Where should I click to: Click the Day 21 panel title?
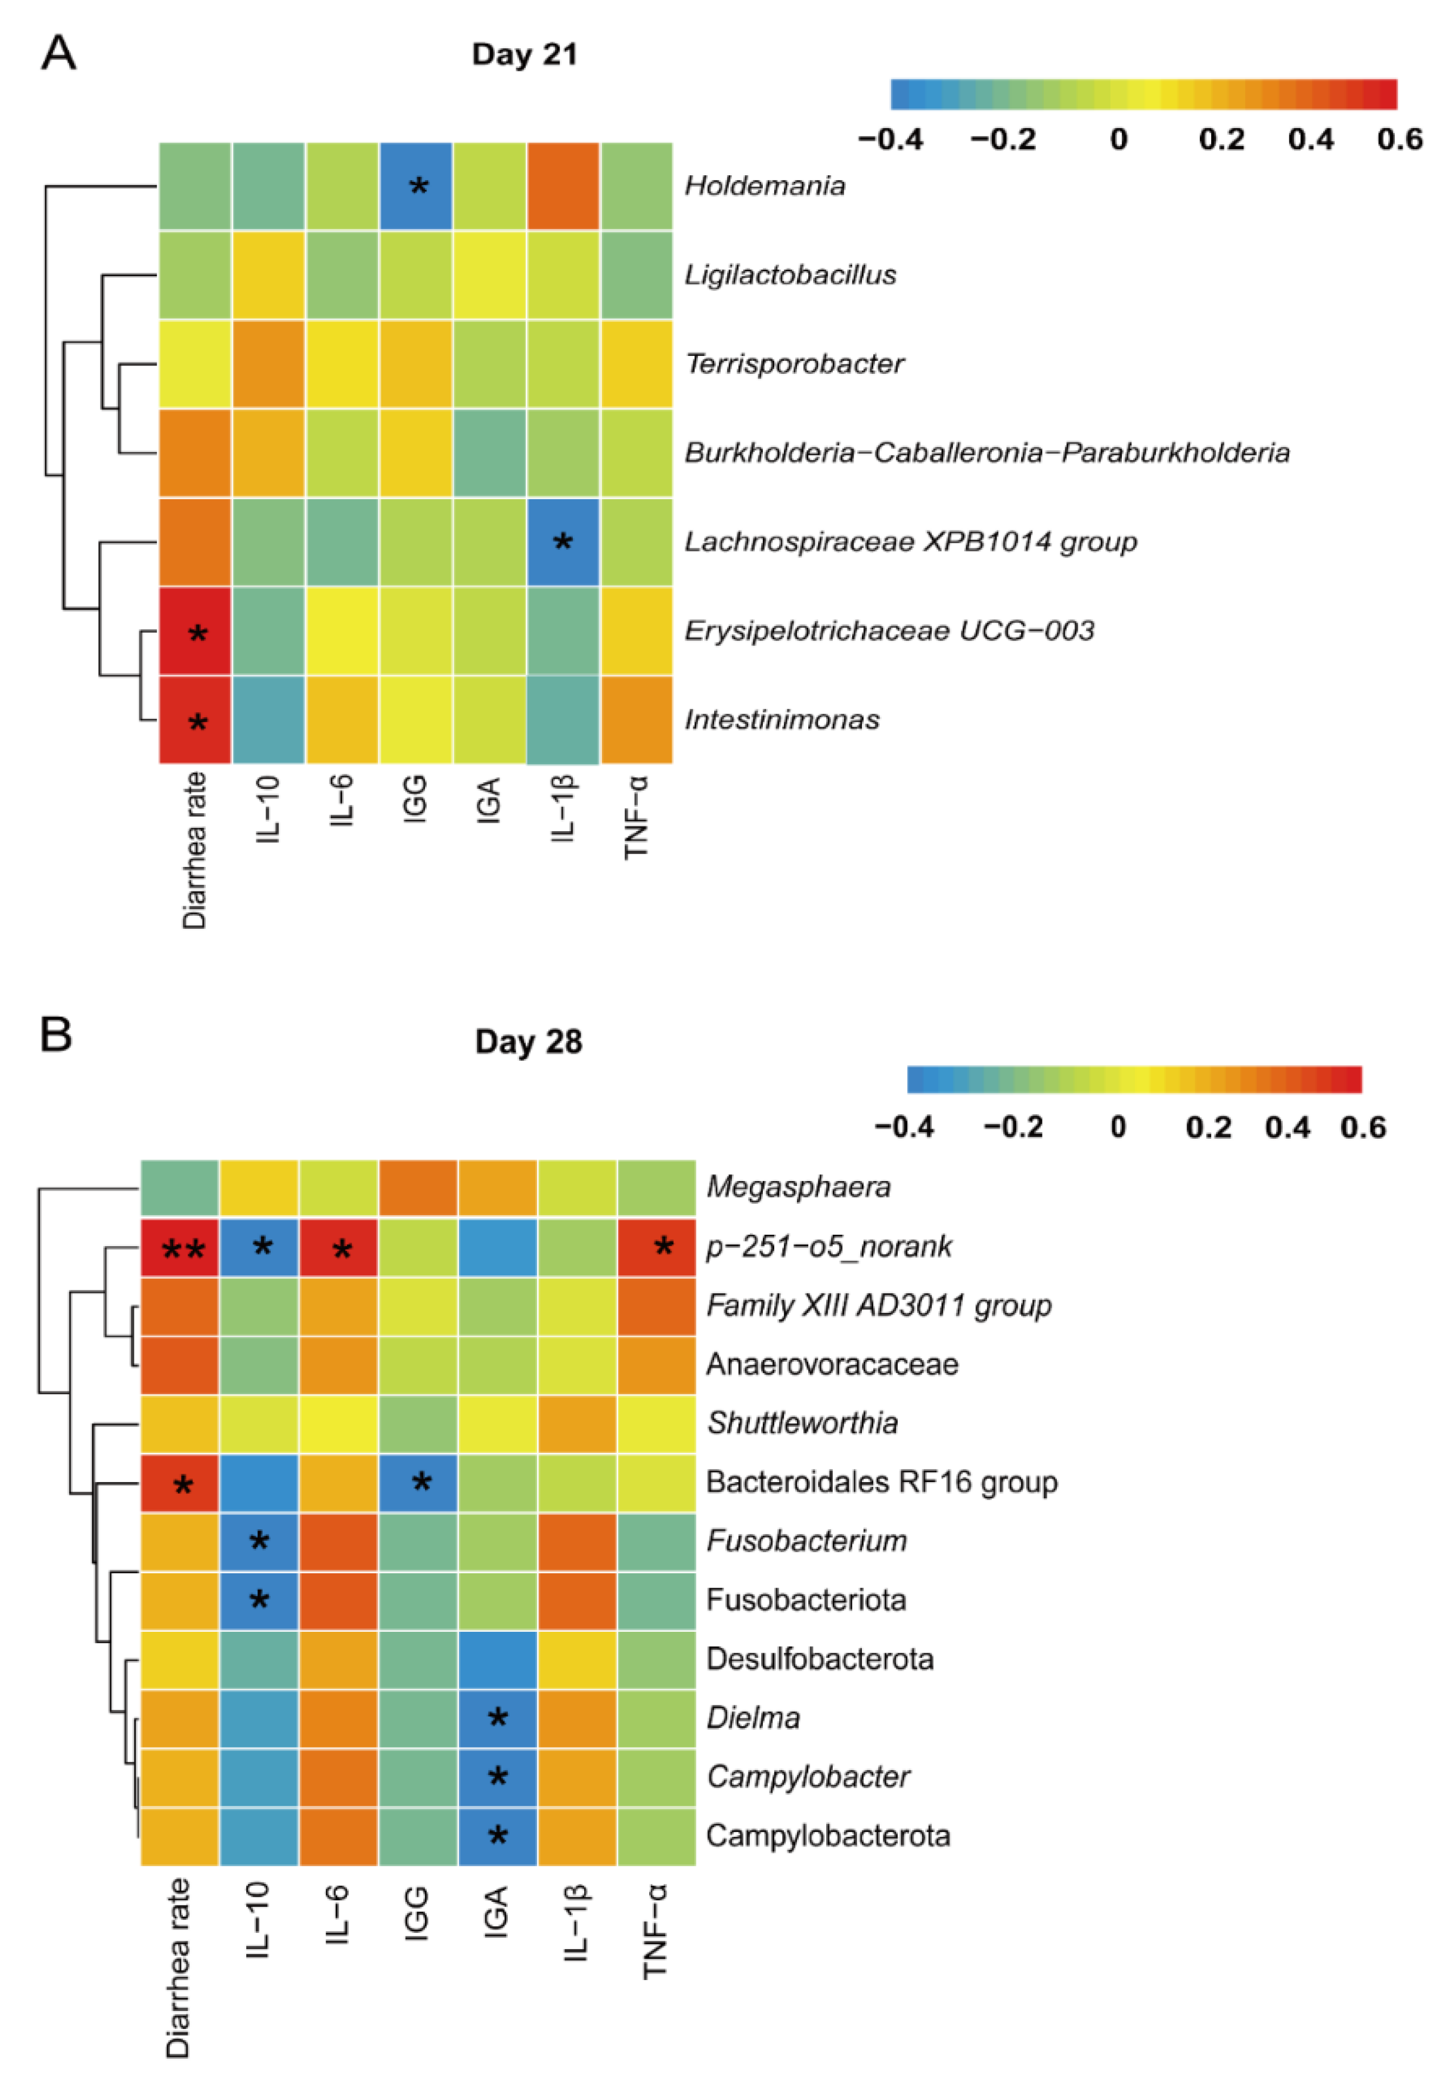(524, 54)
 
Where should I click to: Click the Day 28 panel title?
(529, 1042)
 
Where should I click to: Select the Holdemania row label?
(764, 185)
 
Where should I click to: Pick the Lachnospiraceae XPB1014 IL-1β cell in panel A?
(562, 541)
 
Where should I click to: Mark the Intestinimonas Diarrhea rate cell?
(196, 720)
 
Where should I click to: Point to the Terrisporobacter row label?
(794, 364)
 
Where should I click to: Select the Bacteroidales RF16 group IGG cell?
(418, 1482)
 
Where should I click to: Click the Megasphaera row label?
(798, 1187)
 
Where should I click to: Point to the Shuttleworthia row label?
(802, 1423)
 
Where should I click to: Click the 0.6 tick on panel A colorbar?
(1399, 140)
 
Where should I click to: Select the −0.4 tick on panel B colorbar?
(904, 1127)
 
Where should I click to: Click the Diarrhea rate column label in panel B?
(178, 1967)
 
